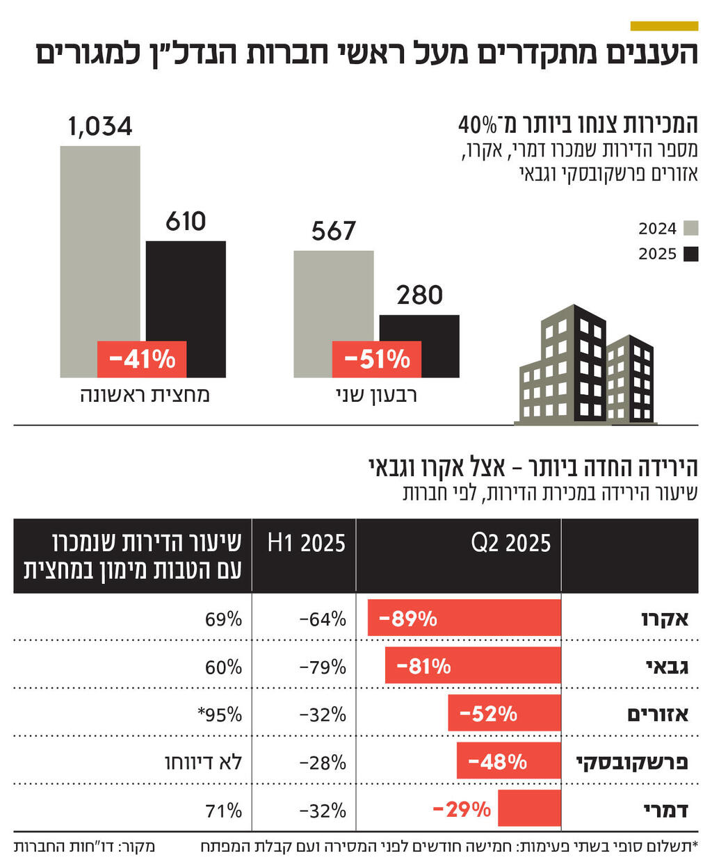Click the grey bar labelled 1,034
[x=99, y=243]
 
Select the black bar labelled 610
[x=186, y=292]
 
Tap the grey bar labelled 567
[x=333, y=295]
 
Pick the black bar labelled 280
[x=419, y=330]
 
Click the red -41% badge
[x=142, y=359]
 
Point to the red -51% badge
[x=376, y=359]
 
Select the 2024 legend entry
[x=667, y=229]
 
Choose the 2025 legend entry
[x=667, y=254]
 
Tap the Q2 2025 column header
[x=510, y=543]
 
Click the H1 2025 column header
[x=306, y=543]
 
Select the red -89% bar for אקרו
[x=464, y=618]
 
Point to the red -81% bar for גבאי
[x=473, y=667]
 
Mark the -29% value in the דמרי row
[x=462, y=809]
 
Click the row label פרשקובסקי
[x=631, y=763]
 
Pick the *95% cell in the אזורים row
[x=219, y=715]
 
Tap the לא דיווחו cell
[x=203, y=763]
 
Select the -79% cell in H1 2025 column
[x=323, y=667]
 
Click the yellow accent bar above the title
[x=663, y=26]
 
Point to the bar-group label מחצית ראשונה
[x=145, y=396]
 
